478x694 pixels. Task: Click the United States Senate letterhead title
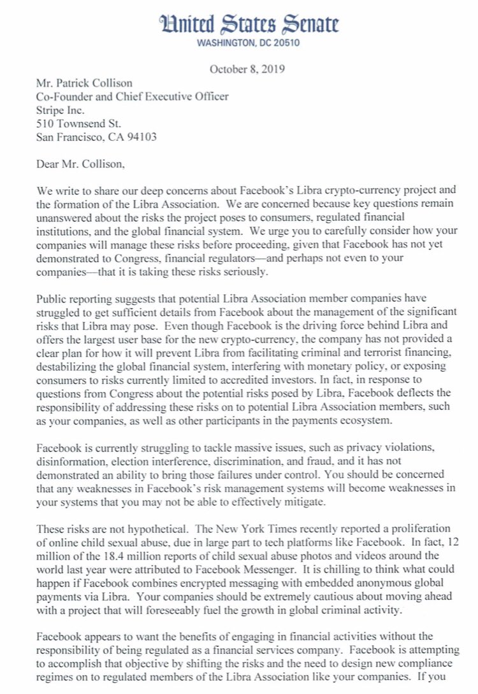click(249, 25)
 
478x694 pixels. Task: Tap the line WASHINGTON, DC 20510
click(248, 44)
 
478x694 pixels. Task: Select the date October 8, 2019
click(247, 69)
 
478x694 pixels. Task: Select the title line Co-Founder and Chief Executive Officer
click(131, 96)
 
